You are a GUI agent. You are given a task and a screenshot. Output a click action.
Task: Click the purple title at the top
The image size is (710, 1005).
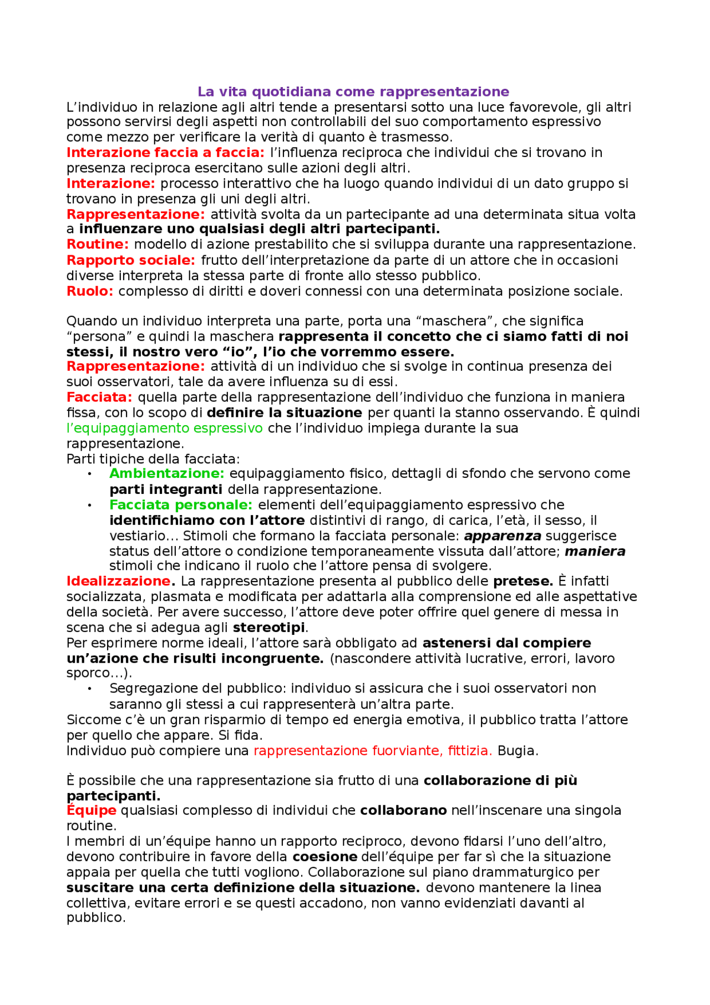353,92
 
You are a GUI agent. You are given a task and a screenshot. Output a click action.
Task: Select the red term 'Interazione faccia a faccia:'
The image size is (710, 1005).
165,153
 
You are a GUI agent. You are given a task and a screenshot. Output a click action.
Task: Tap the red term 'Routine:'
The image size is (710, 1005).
98,244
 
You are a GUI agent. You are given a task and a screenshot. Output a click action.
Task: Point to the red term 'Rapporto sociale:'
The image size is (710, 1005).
131,260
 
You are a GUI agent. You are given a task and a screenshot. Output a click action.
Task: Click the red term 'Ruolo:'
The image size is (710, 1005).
90,291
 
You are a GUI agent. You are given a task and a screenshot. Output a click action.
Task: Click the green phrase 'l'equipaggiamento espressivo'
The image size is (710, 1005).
164,428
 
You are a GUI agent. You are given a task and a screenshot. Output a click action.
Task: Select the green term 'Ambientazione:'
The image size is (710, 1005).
166,473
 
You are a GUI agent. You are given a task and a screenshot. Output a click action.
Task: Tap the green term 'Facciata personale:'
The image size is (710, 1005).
181,505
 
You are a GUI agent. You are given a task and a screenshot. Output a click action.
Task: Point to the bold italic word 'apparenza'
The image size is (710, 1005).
503,536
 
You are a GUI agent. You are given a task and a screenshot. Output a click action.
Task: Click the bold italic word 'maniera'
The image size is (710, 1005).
595,552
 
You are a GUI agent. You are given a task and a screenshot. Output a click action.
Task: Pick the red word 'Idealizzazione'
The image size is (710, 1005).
118,581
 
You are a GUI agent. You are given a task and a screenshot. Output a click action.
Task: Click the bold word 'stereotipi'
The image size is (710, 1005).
268,628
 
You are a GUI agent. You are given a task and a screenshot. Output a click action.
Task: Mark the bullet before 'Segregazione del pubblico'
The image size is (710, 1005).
89,689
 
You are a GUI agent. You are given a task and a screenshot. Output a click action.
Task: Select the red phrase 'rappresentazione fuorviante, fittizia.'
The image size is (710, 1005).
373,751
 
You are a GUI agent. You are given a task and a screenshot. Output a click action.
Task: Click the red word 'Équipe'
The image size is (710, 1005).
92,811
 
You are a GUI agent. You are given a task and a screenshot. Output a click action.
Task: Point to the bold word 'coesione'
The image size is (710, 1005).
324,857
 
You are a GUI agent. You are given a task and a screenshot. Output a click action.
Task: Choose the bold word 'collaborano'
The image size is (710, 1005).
403,811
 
